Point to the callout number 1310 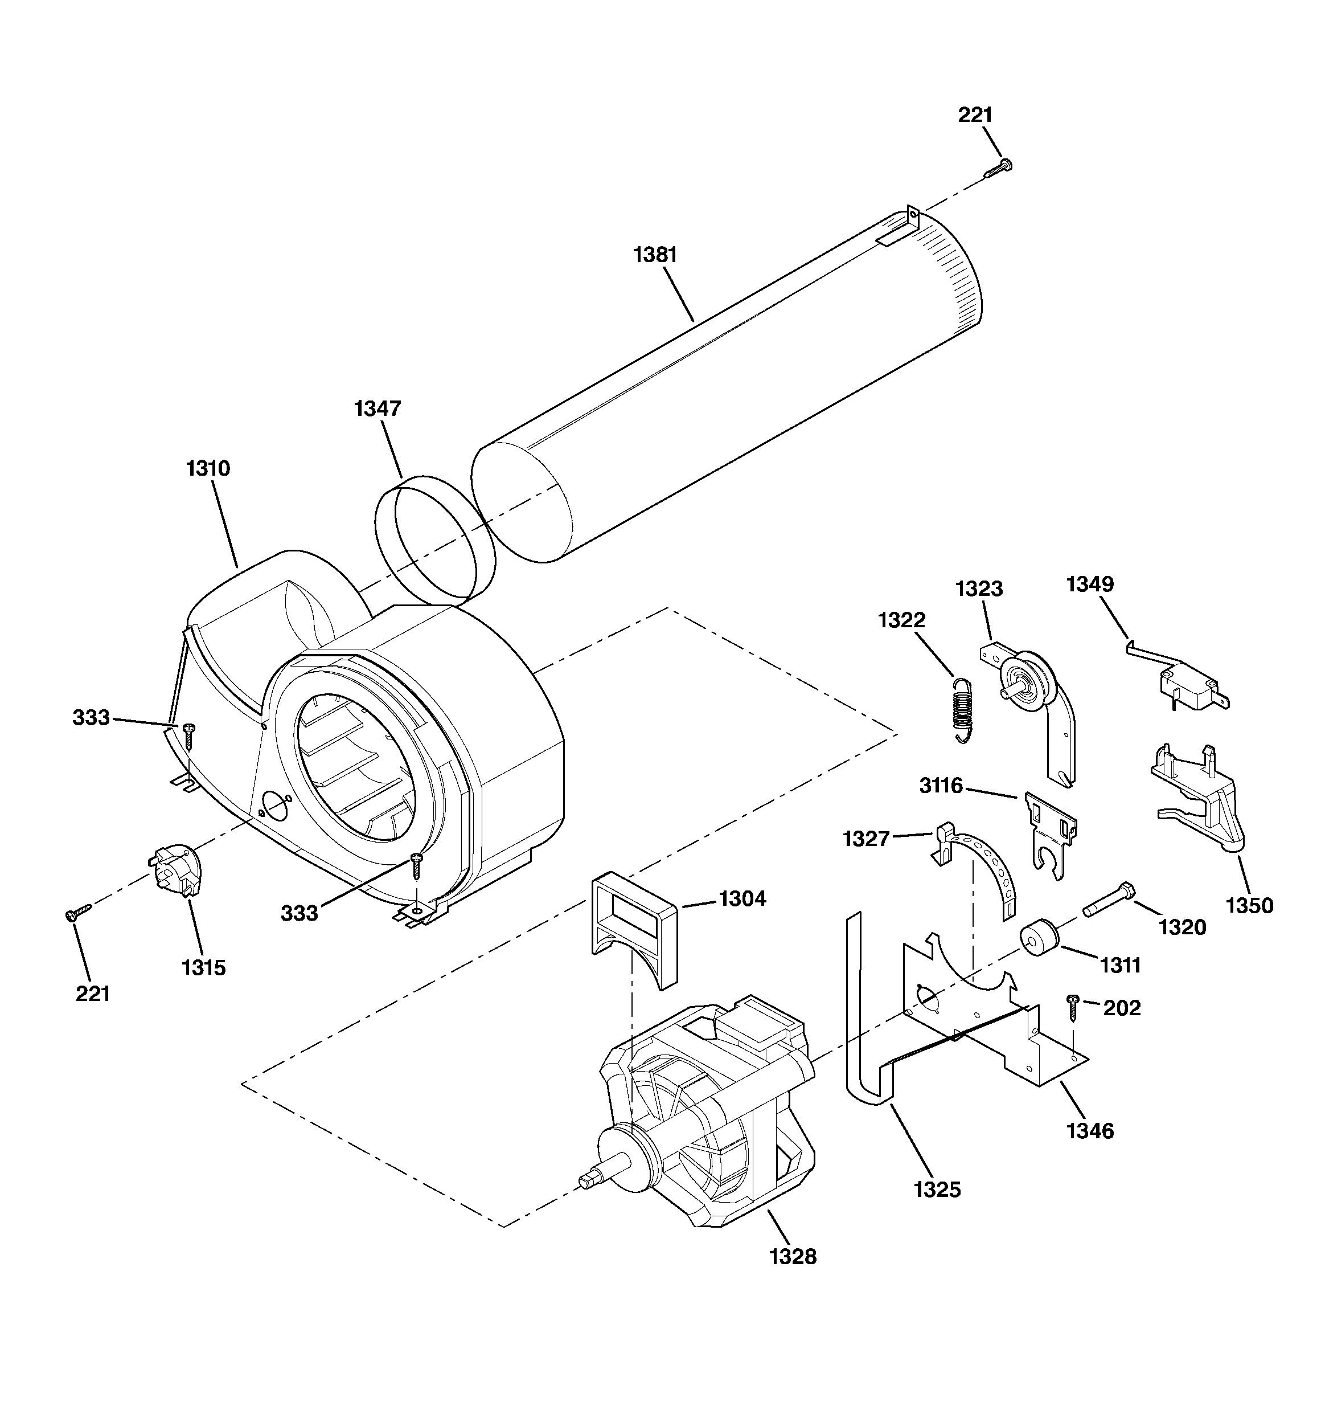tap(208, 468)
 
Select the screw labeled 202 tap(1072, 1007)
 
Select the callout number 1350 tap(1249, 906)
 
